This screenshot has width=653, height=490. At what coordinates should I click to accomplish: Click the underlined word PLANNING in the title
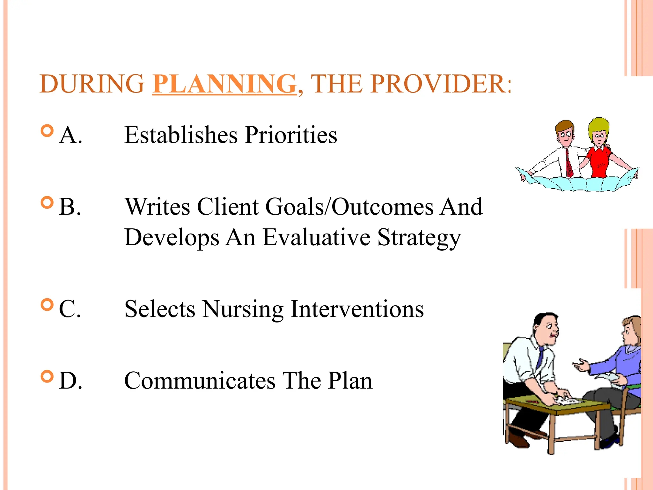(224, 84)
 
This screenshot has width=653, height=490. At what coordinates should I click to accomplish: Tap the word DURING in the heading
(92, 84)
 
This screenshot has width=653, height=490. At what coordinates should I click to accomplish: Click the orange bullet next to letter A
(47, 131)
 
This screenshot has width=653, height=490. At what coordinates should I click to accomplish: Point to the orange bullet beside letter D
(47, 376)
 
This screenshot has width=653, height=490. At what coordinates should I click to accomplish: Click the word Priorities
(291, 135)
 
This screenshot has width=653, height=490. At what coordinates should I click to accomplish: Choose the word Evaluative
(316, 238)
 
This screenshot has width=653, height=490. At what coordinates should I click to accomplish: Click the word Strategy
(419, 238)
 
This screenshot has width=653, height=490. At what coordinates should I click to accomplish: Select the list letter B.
(70, 207)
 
